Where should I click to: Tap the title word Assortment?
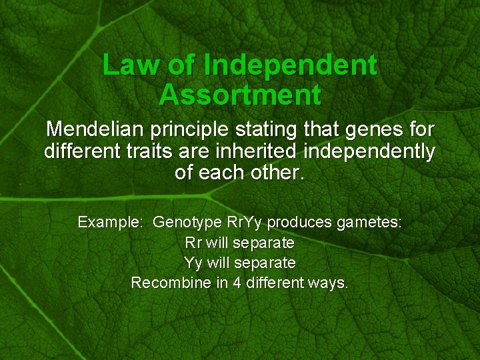tap(240, 95)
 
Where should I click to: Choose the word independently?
tap(369, 151)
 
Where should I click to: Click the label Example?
tap(110, 222)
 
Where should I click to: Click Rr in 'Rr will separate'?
tap(193, 242)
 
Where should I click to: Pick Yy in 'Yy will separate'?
tap(191, 263)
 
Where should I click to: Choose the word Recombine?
tap(171, 283)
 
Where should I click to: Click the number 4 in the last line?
tap(237, 283)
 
